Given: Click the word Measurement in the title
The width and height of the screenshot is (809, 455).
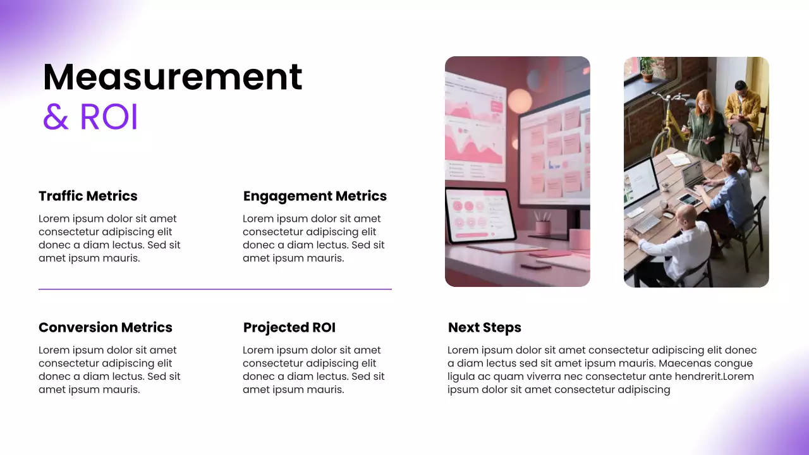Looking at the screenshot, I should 172,77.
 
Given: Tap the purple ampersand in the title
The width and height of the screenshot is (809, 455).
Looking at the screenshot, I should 56,117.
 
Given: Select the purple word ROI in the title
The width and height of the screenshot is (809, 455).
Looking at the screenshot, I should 109,117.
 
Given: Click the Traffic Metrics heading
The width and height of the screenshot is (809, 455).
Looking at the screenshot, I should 88,196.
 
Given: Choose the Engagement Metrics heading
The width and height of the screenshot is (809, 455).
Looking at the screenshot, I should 315,196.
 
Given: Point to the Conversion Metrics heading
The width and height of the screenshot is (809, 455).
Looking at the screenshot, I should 105,327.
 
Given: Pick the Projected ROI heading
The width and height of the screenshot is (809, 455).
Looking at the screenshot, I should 289,327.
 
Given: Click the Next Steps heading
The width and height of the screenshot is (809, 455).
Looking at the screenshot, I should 484,327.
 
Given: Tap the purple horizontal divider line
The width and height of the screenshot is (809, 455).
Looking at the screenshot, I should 215,289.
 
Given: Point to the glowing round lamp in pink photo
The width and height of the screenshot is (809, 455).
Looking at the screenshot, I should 520,101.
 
